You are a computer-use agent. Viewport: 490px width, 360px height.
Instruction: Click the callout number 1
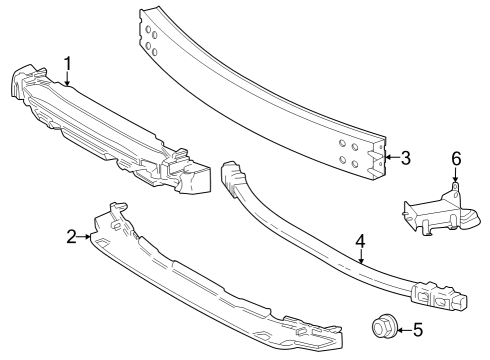(67, 63)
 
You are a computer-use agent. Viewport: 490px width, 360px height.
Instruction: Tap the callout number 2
(72, 236)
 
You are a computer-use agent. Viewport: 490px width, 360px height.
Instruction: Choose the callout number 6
(455, 158)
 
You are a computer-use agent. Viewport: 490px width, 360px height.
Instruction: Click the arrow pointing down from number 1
(67, 79)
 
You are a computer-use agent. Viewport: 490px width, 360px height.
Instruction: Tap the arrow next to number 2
(87, 237)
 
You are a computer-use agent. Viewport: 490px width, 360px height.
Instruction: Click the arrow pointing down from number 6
(455, 174)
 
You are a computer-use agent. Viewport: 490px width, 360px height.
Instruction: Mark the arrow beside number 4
(358, 257)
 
